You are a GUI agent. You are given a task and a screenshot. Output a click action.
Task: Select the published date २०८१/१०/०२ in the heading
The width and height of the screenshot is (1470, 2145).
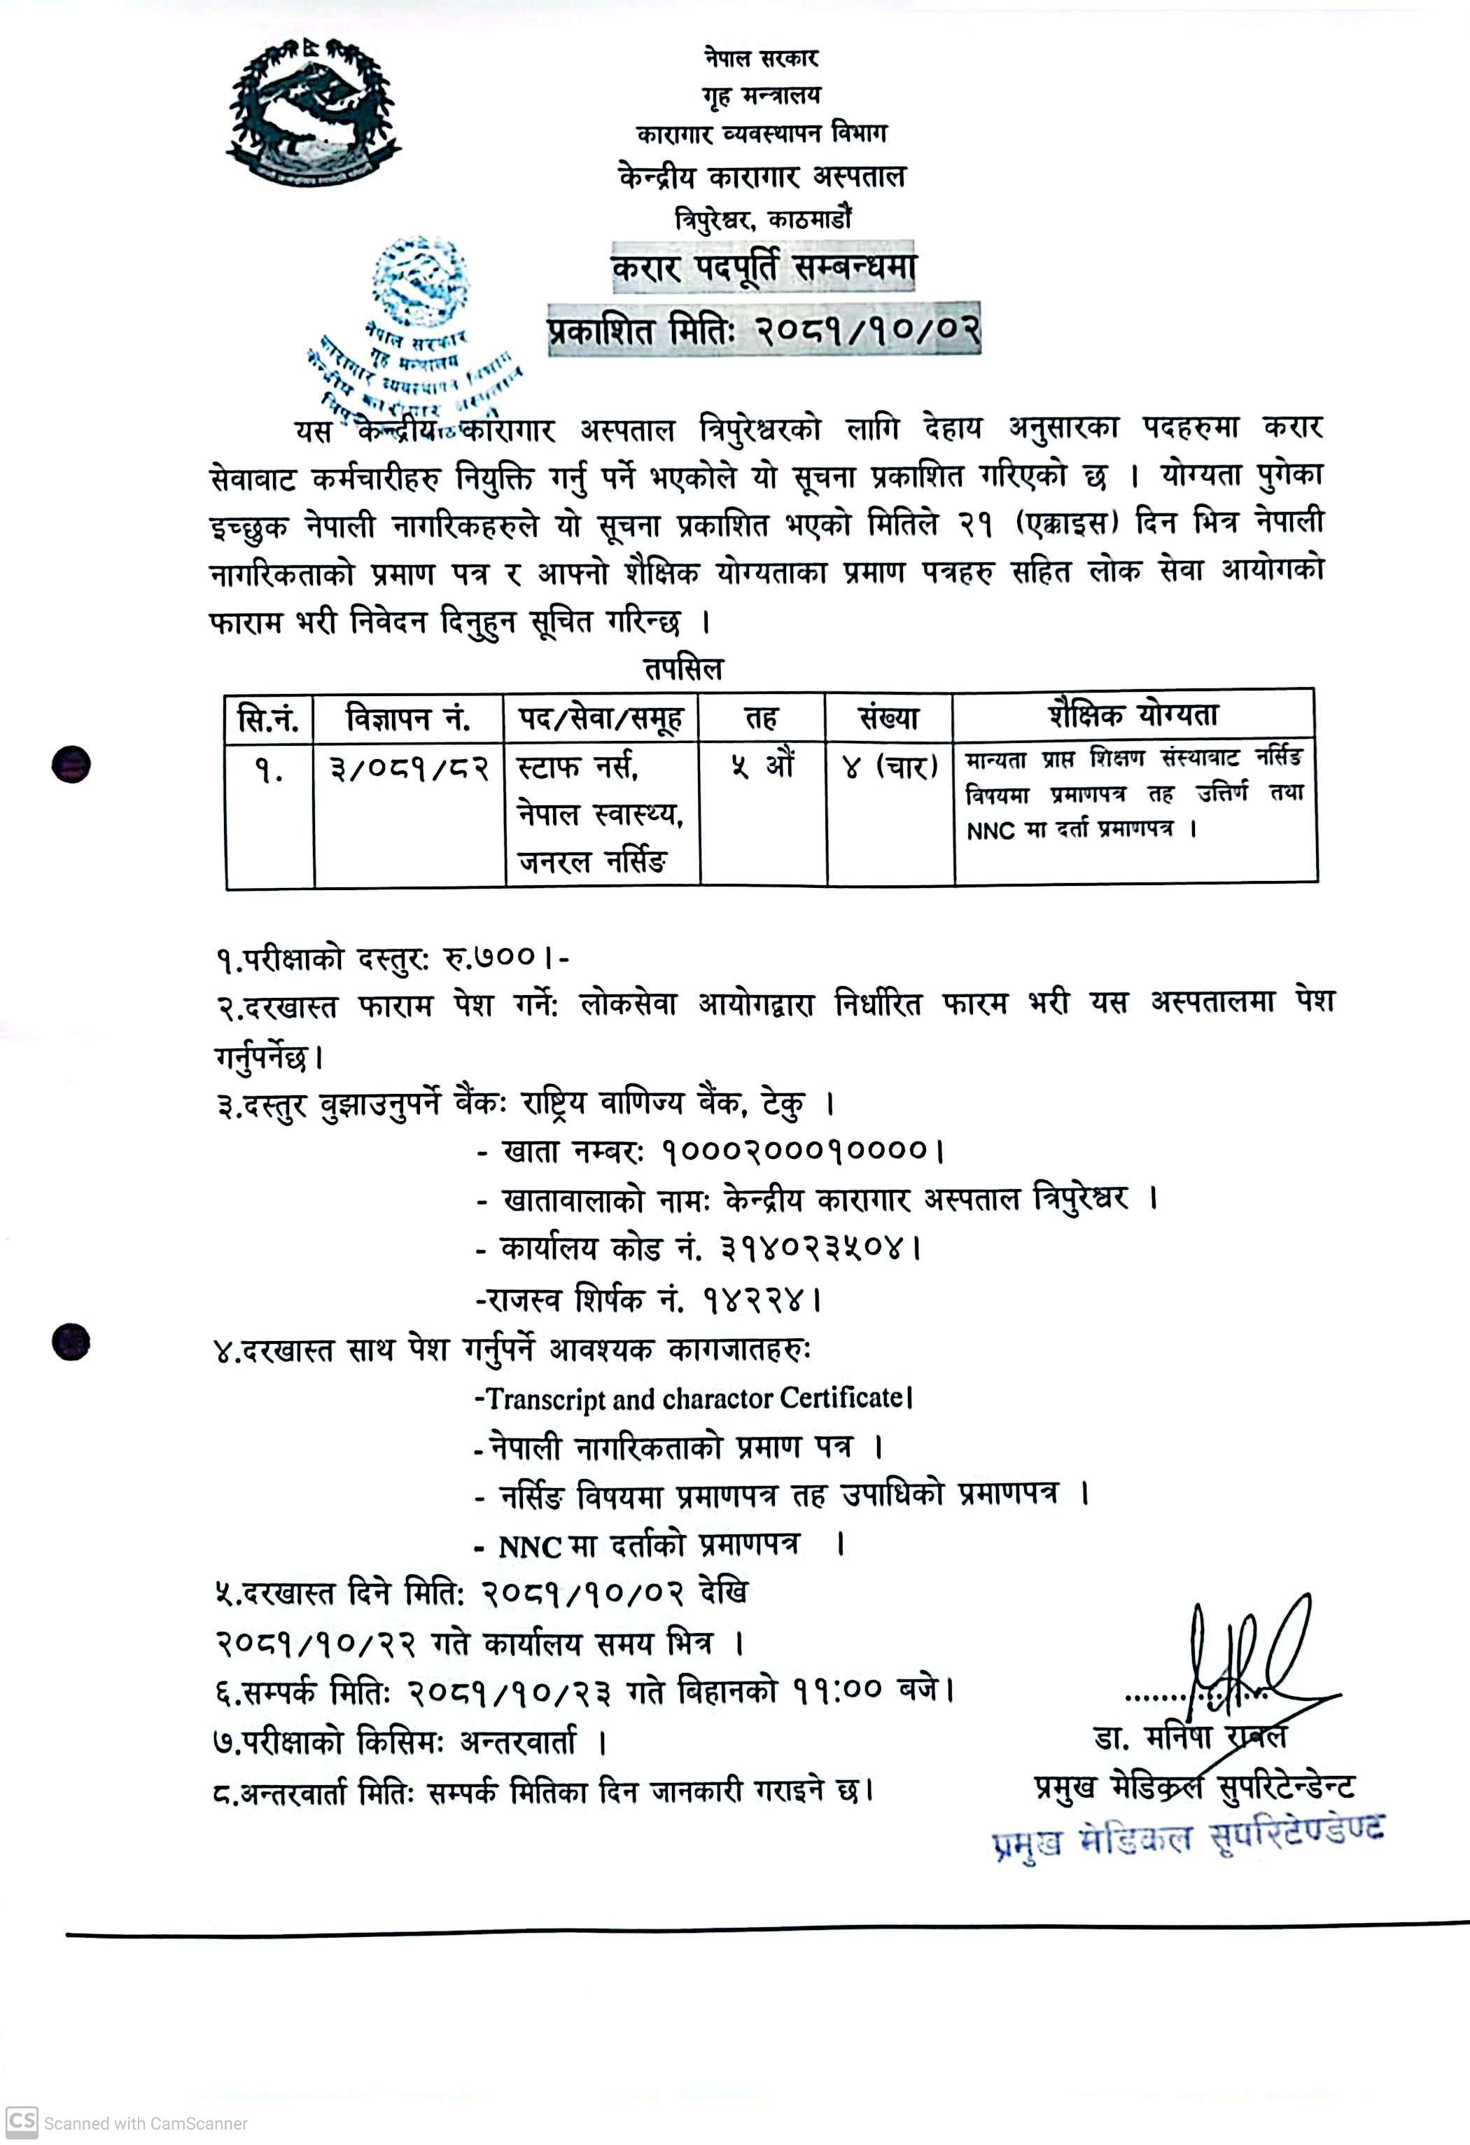point(867,331)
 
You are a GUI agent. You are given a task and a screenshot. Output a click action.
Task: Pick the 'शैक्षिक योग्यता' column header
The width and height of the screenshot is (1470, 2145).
point(1133,714)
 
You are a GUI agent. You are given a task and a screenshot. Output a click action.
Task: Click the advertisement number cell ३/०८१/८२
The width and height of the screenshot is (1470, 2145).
point(409,768)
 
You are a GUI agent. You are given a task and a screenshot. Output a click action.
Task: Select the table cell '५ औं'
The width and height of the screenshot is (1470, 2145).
point(762,766)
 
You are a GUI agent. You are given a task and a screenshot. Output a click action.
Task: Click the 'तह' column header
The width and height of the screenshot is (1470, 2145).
point(762,718)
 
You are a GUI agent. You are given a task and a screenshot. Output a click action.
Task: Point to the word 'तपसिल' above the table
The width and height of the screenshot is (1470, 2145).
point(683,668)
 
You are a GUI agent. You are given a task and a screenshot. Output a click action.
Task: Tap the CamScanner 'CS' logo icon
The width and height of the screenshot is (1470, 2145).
point(22,2121)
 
